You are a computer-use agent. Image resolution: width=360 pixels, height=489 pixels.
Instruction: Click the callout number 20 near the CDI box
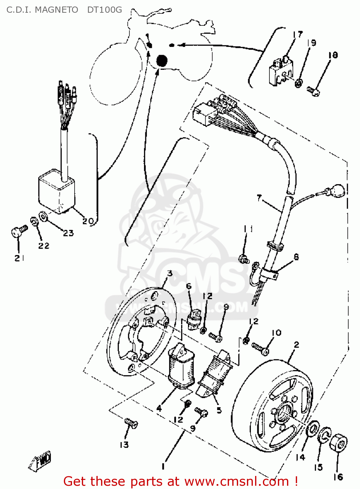pyautogui.click(x=88, y=221)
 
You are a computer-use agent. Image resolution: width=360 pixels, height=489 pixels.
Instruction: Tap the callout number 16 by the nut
pyautogui.click(x=338, y=477)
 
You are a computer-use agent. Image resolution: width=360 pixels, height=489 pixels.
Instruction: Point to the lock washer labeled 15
pyautogui.click(x=324, y=435)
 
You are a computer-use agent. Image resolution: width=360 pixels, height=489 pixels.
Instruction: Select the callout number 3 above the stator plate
pyautogui.click(x=170, y=273)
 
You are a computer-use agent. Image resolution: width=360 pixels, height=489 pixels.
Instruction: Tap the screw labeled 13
pyautogui.click(x=131, y=424)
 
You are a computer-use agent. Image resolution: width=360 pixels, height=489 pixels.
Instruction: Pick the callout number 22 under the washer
pyautogui.click(x=44, y=246)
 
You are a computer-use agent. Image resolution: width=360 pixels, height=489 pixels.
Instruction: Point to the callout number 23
pyautogui.click(x=68, y=233)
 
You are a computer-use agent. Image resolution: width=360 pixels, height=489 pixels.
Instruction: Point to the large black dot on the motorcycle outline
pyautogui.click(x=162, y=60)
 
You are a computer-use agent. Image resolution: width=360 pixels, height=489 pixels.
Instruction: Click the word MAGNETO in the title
pyautogui.click(x=56, y=10)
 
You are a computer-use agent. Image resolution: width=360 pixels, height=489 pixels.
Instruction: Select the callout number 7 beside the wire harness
pyautogui.click(x=259, y=198)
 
